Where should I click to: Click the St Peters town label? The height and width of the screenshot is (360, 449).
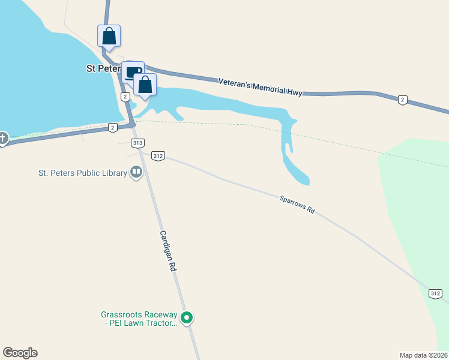click(x=103, y=68)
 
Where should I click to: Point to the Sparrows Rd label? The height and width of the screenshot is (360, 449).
click(x=297, y=205)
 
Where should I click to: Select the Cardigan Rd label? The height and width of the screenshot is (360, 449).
click(x=167, y=252)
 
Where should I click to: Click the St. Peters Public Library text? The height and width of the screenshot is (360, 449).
click(x=82, y=173)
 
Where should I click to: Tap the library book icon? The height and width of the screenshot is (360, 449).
click(x=136, y=173)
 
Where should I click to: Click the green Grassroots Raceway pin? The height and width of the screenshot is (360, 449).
click(x=187, y=318)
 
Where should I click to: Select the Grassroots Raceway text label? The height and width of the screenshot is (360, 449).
click(x=139, y=319)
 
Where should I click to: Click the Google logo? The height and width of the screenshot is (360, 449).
click(x=20, y=353)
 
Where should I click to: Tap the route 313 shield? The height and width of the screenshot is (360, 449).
click(x=138, y=143)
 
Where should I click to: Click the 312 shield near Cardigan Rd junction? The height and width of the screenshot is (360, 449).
click(x=158, y=155)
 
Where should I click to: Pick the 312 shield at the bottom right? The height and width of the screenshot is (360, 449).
click(x=436, y=293)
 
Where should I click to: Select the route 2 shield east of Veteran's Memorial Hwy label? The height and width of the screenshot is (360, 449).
click(x=402, y=100)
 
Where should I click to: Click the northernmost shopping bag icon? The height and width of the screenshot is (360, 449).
click(x=109, y=35)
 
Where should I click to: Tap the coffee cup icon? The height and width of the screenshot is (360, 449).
click(x=132, y=72)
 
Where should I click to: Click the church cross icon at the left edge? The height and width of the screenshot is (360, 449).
click(x=2, y=139)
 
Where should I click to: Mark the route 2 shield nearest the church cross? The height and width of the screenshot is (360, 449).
click(x=112, y=127)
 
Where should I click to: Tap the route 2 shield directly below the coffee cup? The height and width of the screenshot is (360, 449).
click(x=125, y=97)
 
